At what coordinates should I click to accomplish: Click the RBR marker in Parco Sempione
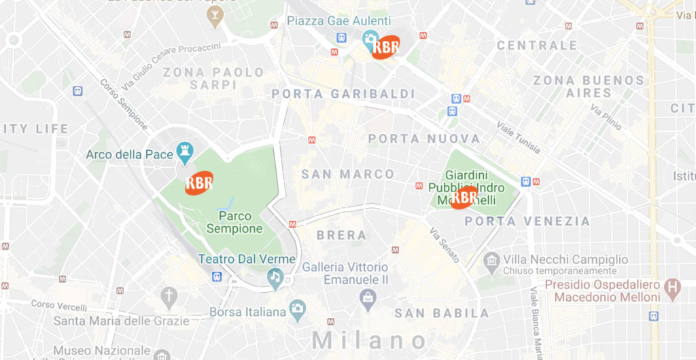point(199,183)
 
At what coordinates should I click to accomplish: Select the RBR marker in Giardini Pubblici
point(464,197)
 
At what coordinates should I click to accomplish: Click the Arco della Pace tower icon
point(184,154)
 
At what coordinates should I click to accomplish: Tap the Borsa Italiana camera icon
point(297,310)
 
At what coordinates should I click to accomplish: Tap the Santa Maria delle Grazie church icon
point(169,297)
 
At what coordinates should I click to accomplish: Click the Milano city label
point(370,340)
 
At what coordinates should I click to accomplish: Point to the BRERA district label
point(341,236)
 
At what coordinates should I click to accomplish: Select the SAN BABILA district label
point(442,313)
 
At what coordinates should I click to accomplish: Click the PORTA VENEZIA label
point(527,221)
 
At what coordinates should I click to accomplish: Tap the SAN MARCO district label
point(348,175)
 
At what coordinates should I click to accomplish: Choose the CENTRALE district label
point(537,46)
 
